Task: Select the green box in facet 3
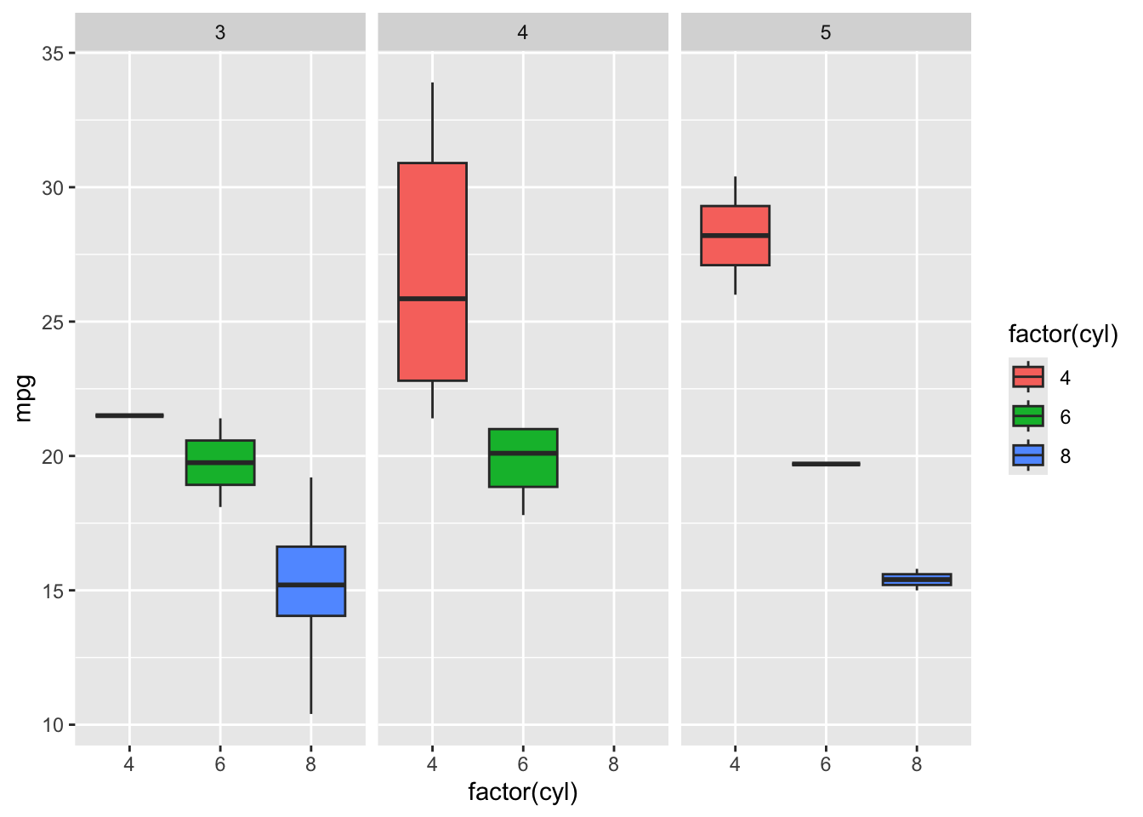click(x=220, y=462)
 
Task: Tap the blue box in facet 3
click(x=310, y=580)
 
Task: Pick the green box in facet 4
click(x=523, y=458)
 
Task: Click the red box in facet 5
click(x=735, y=236)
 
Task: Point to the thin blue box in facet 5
click(x=916, y=580)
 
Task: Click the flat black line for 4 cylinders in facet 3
click(x=129, y=415)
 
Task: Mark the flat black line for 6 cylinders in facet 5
click(x=826, y=464)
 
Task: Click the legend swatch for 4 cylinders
click(x=1027, y=377)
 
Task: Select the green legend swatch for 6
click(x=1027, y=416)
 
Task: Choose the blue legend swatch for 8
click(x=1027, y=455)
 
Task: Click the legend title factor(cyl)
click(x=1062, y=334)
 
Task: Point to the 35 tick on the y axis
click(x=53, y=54)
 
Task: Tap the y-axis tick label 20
click(x=53, y=457)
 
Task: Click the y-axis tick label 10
click(x=53, y=725)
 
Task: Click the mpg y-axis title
click(x=25, y=397)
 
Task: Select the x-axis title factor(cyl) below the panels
click(x=522, y=792)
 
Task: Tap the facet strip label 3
click(x=220, y=33)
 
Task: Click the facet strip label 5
click(x=826, y=33)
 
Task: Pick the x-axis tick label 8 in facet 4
click(x=613, y=764)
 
